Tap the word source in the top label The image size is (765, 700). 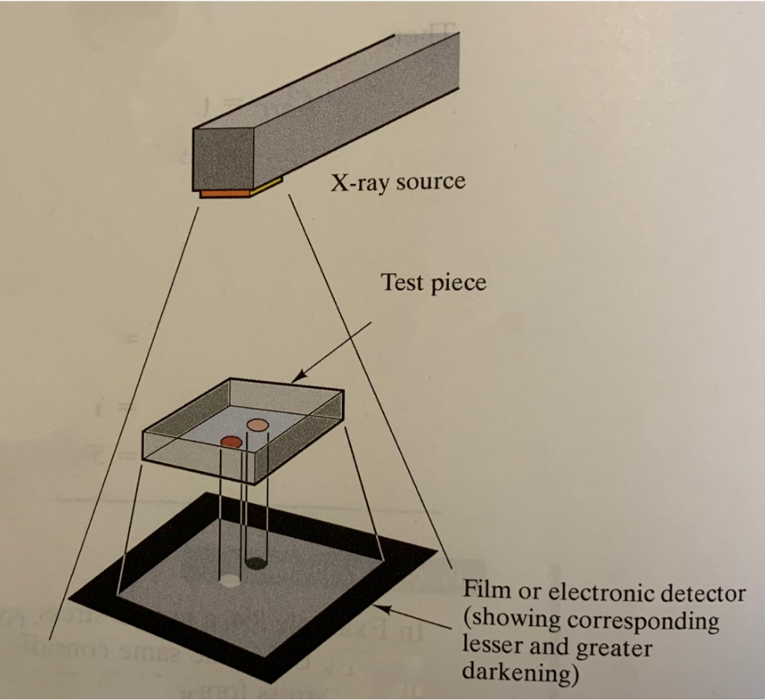(x=431, y=184)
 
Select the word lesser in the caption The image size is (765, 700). (x=492, y=648)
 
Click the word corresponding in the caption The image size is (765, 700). (x=641, y=622)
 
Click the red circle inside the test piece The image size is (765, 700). (x=230, y=442)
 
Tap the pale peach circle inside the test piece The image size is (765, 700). (x=257, y=425)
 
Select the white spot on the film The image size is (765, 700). (x=229, y=582)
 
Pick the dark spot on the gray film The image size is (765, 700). (x=255, y=562)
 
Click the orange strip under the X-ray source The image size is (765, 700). (x=224, y=192)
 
